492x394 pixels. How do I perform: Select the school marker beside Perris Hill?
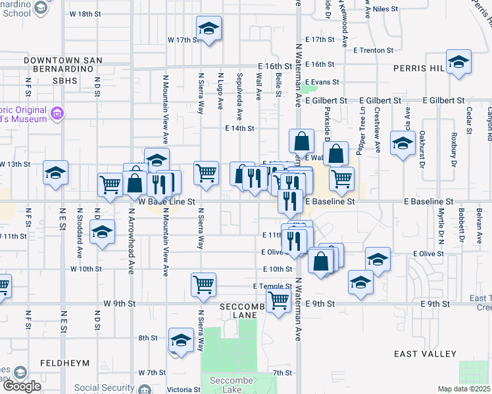click(458, 62)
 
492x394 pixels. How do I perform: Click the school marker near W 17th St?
click(209, 28)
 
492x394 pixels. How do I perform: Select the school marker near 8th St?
click(181, 340)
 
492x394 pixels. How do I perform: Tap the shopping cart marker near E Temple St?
click(204, 284)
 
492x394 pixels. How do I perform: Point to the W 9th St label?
click(119, 304)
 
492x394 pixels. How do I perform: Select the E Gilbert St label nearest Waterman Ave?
click(326, 100)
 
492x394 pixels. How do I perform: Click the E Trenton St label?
click(373, 50)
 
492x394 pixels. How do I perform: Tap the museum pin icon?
click(57, 114)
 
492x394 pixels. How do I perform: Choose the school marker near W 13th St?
click(56, 173)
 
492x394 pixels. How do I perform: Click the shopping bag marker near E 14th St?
click(301, 141)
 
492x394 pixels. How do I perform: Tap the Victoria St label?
click(179, 389)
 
